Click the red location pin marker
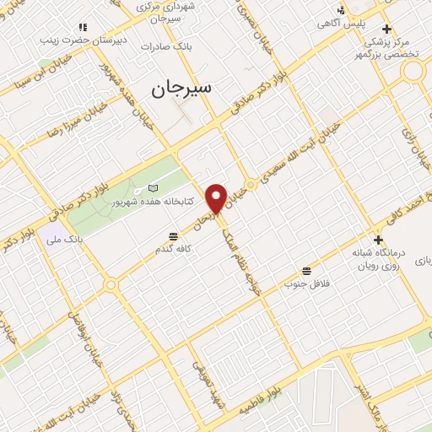[x=217, y=198]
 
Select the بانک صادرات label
[x=191, y=47]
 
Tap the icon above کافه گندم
[x=173, y=235]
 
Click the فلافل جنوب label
[x=305, y=285]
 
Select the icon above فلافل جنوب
[x=305, y=272]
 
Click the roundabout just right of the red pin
[x=250, y=185]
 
